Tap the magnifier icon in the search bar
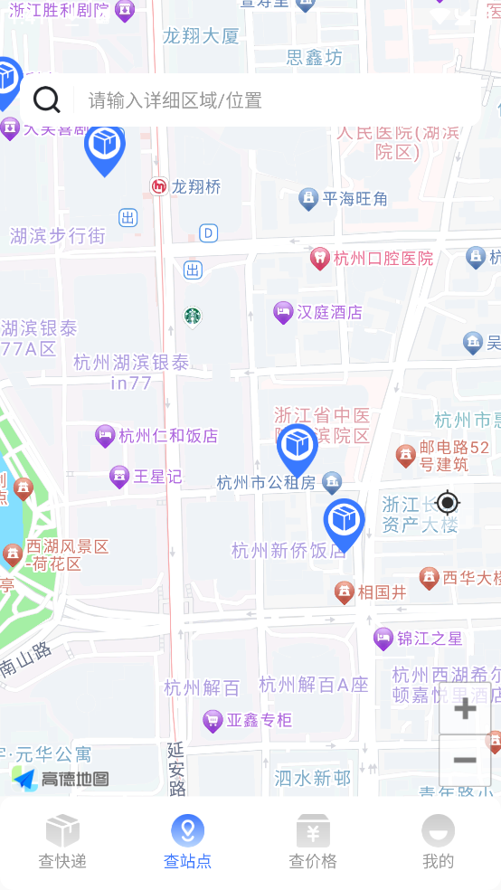click(46, 99)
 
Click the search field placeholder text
click(175, 100)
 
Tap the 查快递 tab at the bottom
click(62, 841)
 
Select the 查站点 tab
click(188, 841)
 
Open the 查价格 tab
click(313, 841)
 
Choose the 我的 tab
click(438, 841)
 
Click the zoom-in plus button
click(465, 708)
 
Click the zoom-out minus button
click(465, 760)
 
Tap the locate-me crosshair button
click(448, 502)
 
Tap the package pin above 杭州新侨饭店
click(344, 522)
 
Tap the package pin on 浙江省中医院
click(297, 447)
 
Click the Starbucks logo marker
click(192, 316)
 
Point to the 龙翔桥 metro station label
click(195, 187)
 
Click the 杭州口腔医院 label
click(383, 259)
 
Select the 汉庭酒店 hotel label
click(329, 313)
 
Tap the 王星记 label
click(157, 476)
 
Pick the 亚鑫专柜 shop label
click(259, 720)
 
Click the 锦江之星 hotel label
click(430, 639)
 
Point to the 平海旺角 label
click(354, 199)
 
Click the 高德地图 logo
click(61, 779)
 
